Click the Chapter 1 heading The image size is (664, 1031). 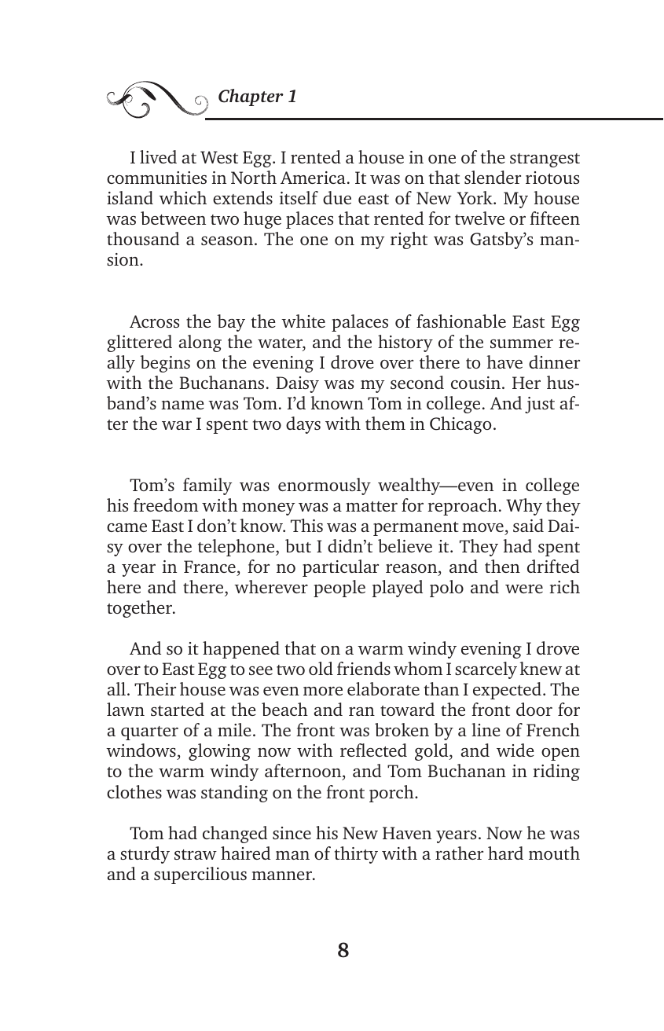(258, 97)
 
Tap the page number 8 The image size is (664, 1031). (343, 951)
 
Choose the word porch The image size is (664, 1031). (390, 792)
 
